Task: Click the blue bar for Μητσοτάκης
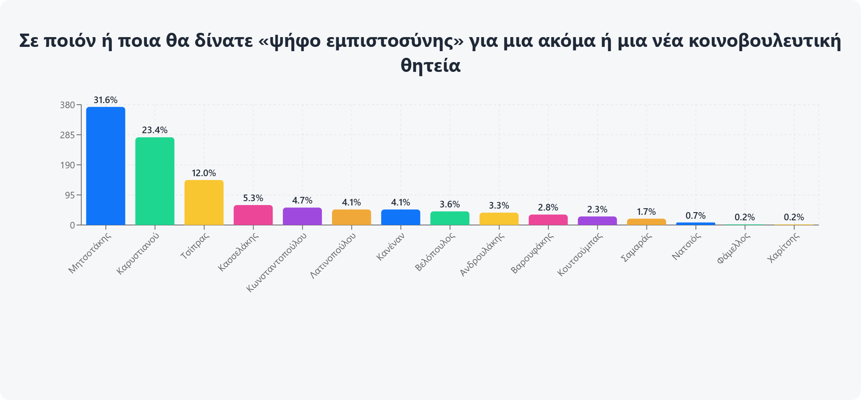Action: point(105,166)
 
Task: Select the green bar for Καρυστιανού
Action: point(155,181)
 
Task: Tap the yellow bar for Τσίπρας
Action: point(204,203)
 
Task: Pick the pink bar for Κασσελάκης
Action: point(253,215)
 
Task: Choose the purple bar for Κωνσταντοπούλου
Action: point(302,216)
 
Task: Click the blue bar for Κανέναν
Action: point(401,218)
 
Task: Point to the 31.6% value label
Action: point(105,100)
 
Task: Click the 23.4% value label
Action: point(155,130)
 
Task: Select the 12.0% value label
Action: point(204,173)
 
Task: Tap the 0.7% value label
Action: point(696,216)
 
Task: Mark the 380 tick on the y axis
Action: point(67,105)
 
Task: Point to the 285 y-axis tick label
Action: point(67,135)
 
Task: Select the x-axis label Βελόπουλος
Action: point(435,252)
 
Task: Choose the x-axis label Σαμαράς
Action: point(636,247)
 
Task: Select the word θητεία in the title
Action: point(430,65)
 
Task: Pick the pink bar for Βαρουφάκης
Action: point(548,220)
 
